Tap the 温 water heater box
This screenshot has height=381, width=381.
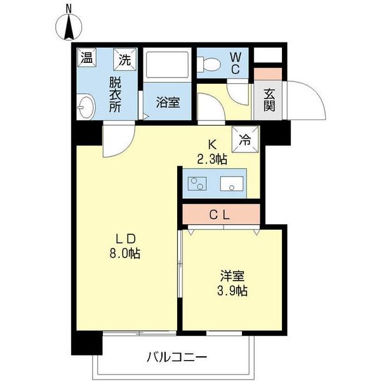pos(86,58)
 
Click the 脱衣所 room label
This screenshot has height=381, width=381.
pos(115,94)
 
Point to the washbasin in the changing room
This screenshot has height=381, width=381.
pos(84,107)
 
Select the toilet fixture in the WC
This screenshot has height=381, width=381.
pos(208,63)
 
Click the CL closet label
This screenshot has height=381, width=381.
pos(220,215)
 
